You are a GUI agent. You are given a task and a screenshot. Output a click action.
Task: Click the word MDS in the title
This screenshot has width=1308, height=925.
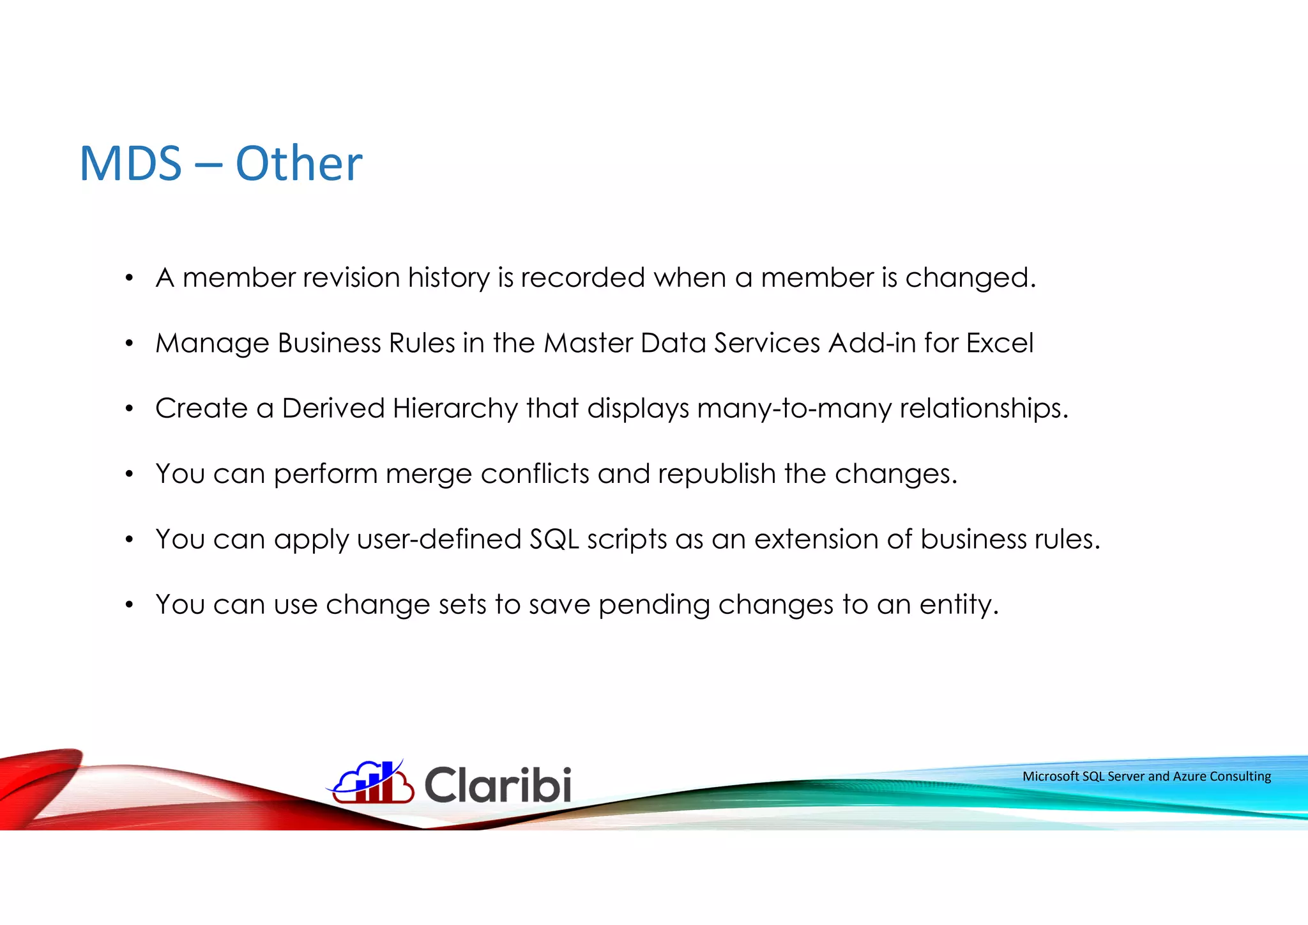click(x=131, y=164)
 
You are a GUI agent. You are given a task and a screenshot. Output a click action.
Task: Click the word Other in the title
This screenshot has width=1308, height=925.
click(x=299, y=164)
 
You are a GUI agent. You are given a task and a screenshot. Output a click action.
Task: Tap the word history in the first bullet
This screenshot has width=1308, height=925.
click(x=448, y=278)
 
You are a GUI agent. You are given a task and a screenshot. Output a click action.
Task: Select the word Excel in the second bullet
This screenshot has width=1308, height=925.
click(x=1000, y=343)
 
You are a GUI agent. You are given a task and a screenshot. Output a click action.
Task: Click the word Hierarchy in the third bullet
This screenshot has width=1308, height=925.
click(x=455, y=408)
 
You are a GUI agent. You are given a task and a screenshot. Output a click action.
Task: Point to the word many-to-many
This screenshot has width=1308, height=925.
click(x=794, y=408)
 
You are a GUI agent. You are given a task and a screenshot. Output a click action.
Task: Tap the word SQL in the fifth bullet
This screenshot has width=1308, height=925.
click(x=554, y=539)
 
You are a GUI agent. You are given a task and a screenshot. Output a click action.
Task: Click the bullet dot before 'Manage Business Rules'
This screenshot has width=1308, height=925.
click(x=129, y=344)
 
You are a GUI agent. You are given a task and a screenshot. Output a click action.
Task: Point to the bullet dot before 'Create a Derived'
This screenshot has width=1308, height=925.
click(x=129, y=409)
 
